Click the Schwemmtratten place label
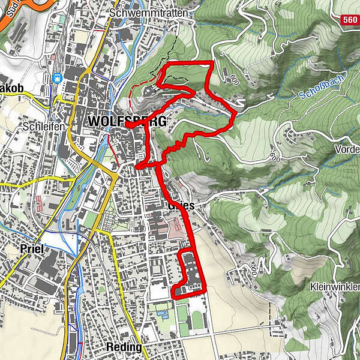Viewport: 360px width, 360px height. [x=149, y=13]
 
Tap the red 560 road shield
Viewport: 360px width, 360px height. [x=350, y=20]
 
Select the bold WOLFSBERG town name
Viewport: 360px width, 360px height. [x=127, y=121]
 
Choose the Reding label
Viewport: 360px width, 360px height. [x=124, y=347]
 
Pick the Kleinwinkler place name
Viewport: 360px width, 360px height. [x=335, y=287]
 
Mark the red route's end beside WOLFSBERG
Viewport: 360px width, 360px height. [x=128, y=126]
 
